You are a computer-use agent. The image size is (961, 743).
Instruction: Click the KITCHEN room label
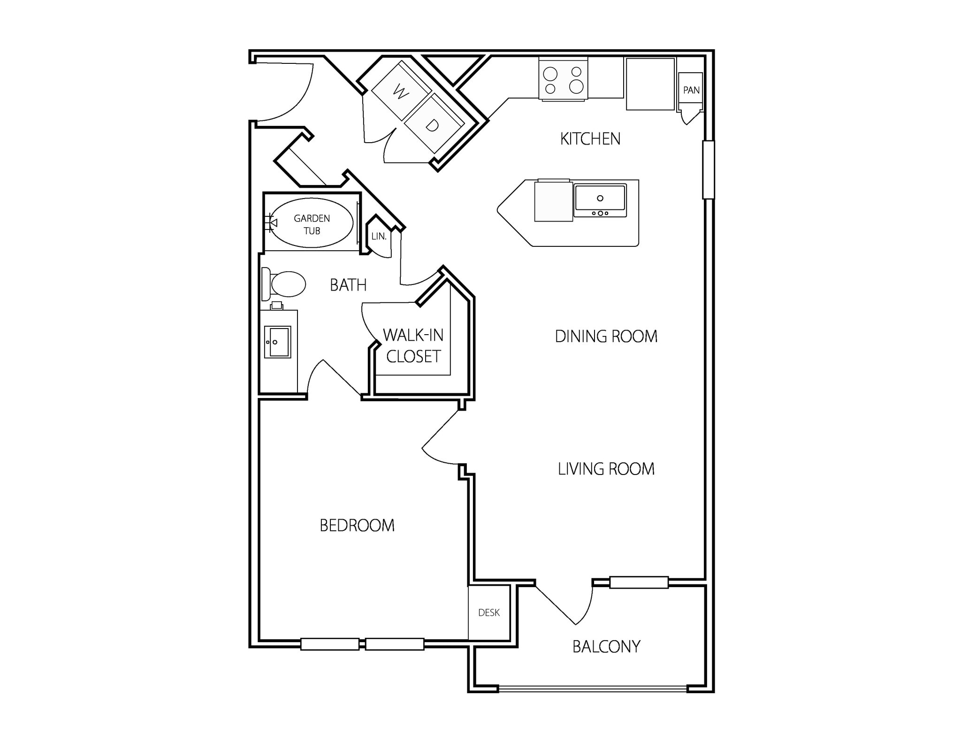pos(590,139)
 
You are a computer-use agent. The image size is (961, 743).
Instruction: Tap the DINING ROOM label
pos(606,337)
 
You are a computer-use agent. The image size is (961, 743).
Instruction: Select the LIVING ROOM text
pos(606,469)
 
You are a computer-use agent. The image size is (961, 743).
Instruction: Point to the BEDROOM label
pos(357,525)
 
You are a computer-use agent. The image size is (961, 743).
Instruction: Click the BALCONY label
pos(606,647)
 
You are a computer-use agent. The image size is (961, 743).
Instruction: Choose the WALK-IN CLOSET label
pos(413,346)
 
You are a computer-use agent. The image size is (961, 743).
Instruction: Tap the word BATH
pos(348,285)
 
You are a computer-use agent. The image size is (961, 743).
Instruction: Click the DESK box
pos(489,613)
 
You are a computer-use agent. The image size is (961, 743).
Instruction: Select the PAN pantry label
pos(691,90)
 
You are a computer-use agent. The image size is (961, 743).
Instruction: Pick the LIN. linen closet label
pos(379,237)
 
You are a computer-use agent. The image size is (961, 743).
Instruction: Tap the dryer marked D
pos(433,125)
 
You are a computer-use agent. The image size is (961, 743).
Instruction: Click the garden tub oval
pos(312,223)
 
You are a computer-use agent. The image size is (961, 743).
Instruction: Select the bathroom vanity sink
pos(277,342)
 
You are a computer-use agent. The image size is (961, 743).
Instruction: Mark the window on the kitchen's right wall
pos(708,169)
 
